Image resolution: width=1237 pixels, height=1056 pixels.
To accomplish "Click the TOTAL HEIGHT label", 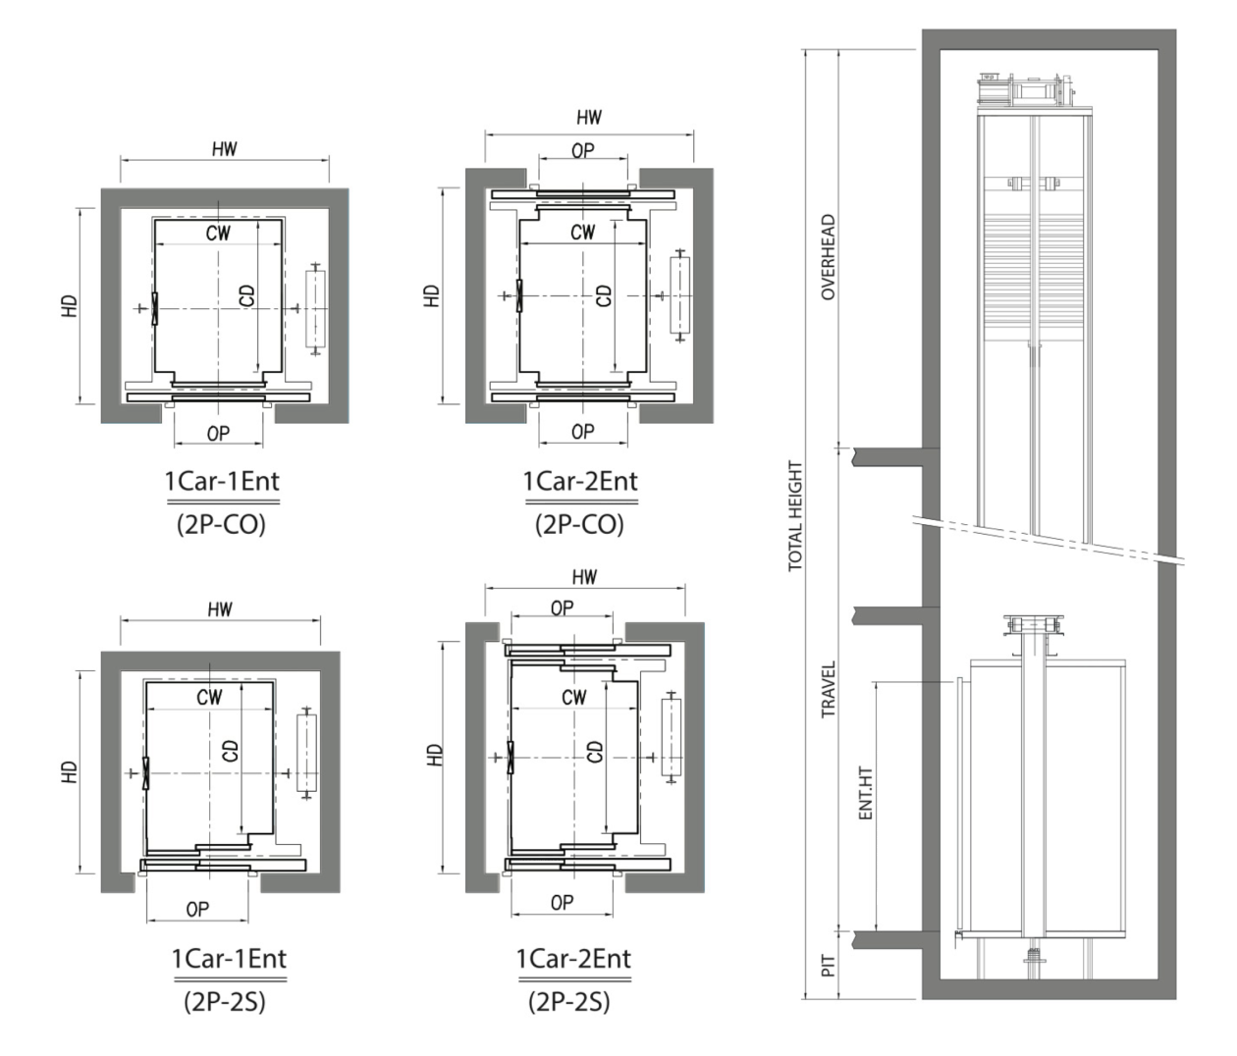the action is [x=795, y=516].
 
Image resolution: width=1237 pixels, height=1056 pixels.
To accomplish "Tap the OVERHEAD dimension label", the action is [x=829, y=257].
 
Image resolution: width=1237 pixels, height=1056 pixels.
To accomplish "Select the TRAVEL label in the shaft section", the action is [x=829, y=689].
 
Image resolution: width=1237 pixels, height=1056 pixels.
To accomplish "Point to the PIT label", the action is [x=829, y=966].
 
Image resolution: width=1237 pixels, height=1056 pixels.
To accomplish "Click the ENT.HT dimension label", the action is [x=865, y=793].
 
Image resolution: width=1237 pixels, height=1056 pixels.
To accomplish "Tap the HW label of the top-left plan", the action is [x=225, y=149].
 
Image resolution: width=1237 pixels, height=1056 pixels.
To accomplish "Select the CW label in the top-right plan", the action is [x=582, y=233].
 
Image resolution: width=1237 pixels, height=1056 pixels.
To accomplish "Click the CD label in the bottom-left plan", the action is [x=231, y=750].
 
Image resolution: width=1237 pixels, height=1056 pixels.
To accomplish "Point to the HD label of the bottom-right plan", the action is [x=435, y=755].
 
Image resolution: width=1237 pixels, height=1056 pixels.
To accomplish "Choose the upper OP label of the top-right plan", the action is [x=582, y=151].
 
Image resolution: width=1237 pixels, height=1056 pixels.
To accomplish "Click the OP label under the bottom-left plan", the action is [x=197, y=910].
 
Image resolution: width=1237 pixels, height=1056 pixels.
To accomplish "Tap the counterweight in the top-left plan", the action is [x=315, y=309].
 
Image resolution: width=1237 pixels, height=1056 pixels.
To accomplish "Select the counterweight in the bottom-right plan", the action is [x=671, y=737].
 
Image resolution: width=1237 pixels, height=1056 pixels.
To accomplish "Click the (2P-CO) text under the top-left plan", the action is [x=222, y=524].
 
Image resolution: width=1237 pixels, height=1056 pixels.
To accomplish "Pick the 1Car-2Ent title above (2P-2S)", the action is [x=573, y=959].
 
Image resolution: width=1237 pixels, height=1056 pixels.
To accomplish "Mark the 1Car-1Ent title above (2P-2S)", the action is [x=230, y=959].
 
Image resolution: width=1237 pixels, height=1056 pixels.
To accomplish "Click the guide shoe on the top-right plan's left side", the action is [x=519, y=295].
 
